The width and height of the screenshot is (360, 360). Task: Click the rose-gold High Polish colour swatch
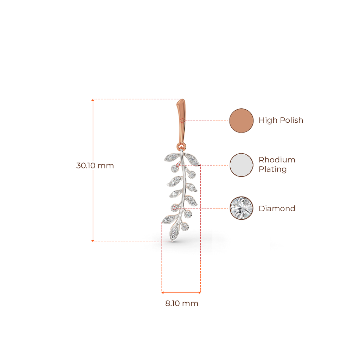coord(241,121)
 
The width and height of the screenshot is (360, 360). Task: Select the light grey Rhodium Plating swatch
coord(241,165)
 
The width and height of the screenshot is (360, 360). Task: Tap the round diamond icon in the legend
coord(241,208)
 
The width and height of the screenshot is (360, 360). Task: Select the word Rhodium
coord(277,160)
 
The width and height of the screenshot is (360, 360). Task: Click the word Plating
coord(273,169)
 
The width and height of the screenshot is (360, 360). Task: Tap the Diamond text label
coord(277,208)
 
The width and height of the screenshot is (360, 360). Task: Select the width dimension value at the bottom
coord(181,303)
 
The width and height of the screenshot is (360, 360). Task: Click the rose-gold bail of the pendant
coord(181,120)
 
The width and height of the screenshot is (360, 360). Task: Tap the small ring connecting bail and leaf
coord(181,146)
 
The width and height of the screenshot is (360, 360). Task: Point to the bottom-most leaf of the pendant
coord(173,233)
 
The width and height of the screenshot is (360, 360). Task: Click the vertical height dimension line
coord(93,197)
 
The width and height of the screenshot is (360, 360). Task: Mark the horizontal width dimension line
coord(181,292)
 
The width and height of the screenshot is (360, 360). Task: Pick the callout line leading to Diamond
coord(207,208)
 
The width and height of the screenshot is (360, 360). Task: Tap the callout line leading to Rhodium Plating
coord(214,165)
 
